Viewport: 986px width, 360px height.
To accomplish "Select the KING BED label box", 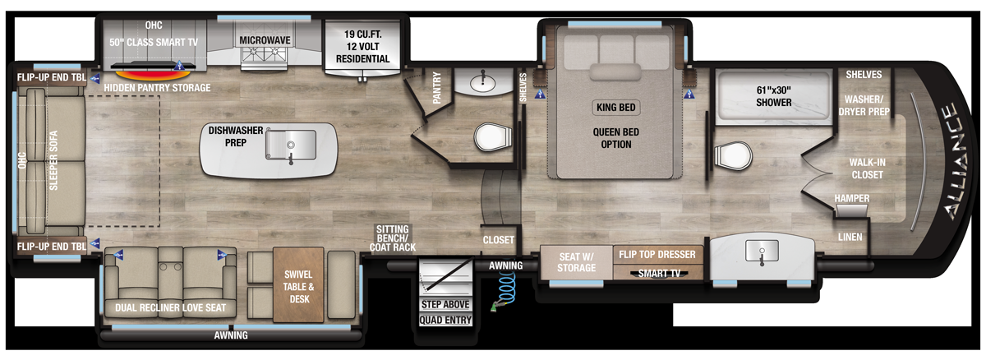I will click(x=615, y=107).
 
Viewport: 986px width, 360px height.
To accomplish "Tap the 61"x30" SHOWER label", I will click(x=773, y=97).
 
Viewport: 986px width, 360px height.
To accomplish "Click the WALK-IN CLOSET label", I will click(x=866, y=168).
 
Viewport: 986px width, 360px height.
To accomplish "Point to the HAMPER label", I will click(x=851, y=199).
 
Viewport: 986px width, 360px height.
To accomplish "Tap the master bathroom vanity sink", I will click(x=762, y=251).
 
